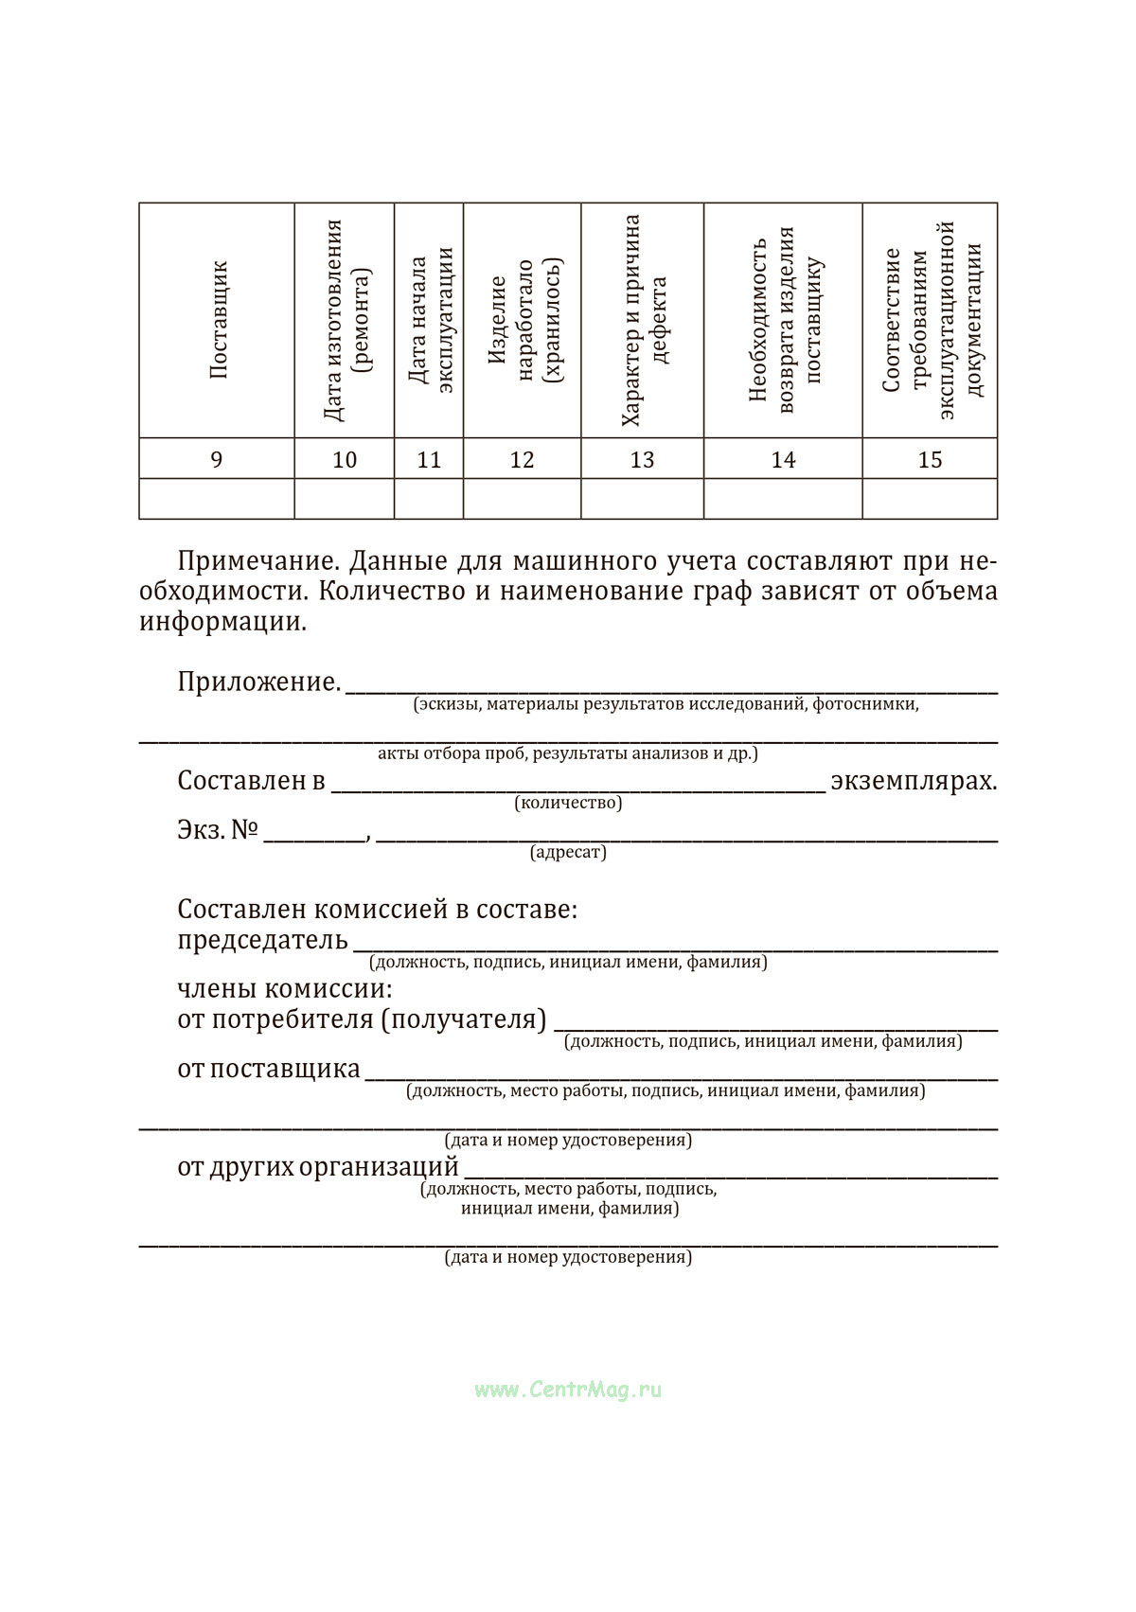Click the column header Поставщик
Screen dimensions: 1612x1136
pyautogui.click(x=218, y=320)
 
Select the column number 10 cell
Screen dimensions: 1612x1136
pyautogui.click(x=345, y=460)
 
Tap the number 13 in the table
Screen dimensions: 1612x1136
pyautogui.click(x=642, y=460)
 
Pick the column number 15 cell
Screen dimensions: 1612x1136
pyautogui.click(x=930, y=460)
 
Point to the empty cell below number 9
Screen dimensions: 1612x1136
pyautogui.click(x=217, y=499)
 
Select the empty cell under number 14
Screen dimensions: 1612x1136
pyautogui.click(x=783, y=499)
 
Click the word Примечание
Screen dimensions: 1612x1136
pyautogui.click(x=258, y=561)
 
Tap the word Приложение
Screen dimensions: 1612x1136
pyautogui.click(x=258, y=682)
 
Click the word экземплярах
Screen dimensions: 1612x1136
pyautogui.click(x=914, y=782)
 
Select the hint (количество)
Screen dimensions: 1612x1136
pyautogui.click(x=568, y=804)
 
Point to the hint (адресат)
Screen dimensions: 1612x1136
pyautogui.click(x=568, y=853)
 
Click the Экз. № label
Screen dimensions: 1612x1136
pyautogui.click(x=218, y=831)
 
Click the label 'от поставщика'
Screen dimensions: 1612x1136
pyautogui.click(x=269, y=1070)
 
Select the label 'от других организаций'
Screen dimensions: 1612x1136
pyautogui.click(x=318, y=1167)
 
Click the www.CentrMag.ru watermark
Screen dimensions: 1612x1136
pyautogui.click(x=568, y=1391)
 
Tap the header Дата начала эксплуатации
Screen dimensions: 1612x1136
pyautogui.click(x=430, y=320)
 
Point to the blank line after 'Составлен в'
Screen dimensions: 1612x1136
pyautogui.click(x=577, y=788)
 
